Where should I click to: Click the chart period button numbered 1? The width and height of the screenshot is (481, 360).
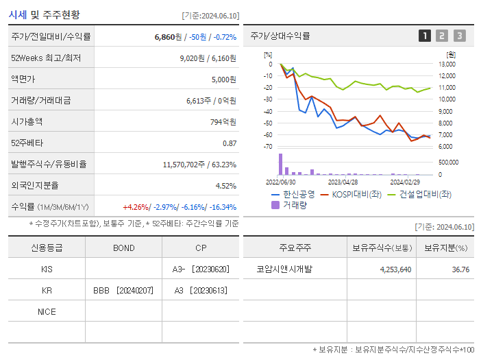tap(425, 36)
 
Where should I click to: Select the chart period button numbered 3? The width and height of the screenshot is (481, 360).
tap(459, 36)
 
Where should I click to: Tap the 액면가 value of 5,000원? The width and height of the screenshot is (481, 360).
tap(223, 80)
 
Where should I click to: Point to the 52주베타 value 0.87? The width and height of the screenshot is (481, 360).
tap(229, 143)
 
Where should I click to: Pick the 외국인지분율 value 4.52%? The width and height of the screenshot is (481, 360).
tap(225, 186)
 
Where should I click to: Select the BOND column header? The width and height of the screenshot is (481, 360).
tap(123, 248)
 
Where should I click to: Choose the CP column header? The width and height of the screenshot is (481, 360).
tap(200, 248)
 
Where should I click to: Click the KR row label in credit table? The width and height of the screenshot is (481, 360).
tap(47, 290)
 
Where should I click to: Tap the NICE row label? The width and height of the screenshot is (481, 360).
tap(47, 311)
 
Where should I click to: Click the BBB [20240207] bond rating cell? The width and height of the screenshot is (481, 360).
tap(123, 290)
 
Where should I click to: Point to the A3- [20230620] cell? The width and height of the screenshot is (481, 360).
tap(200, 269)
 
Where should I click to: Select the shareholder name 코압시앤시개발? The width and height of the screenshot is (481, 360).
tap(284, 269)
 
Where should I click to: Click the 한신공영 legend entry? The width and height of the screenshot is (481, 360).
tap(293, 194)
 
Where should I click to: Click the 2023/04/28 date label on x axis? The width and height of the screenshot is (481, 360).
tap(343, 182)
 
